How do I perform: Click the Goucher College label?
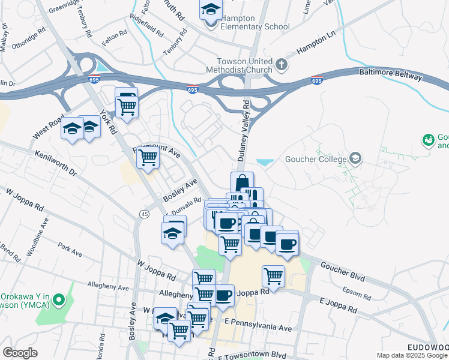pos(318,159)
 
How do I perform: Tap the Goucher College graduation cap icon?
pos(355,158)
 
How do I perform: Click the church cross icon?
pos(282,64)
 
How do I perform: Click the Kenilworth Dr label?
pos(56,163)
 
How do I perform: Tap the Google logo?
pos(20,353)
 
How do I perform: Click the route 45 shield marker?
pos(144,214)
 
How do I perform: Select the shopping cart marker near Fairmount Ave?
pos(147,159)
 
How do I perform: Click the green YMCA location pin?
pos(58,298)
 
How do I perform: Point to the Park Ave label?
pos(70,250)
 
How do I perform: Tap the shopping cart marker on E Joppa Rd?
pos(273,277)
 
